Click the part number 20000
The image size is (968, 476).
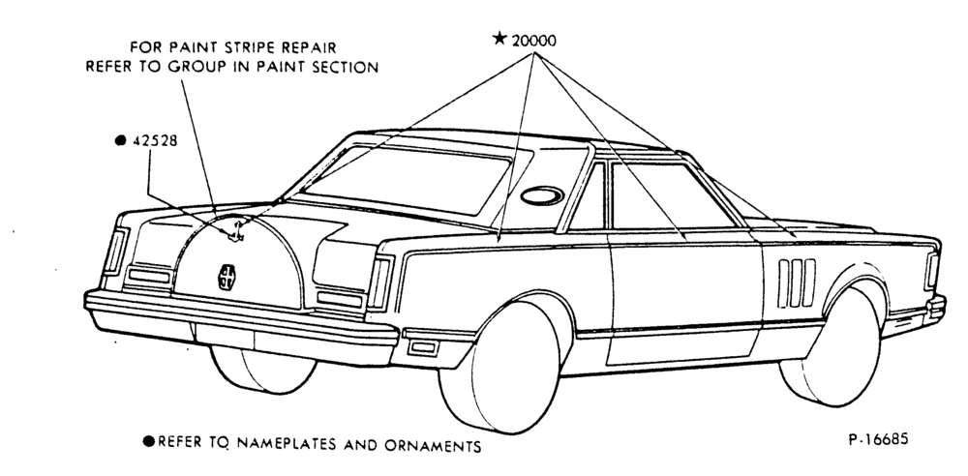point(534,42)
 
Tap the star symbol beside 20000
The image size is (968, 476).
point(499,39)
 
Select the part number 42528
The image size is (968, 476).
point(155,140)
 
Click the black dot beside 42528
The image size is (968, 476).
point(121,140)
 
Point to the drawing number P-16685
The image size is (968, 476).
point(879,439)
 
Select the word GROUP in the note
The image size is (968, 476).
point(193,67)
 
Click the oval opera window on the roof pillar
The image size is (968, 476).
point(542,195)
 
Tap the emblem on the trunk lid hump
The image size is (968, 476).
point(226,277)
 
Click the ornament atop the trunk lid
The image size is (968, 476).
point(235,233)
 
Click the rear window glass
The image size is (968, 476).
point(408,180)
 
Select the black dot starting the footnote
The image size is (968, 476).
point(149,441)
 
